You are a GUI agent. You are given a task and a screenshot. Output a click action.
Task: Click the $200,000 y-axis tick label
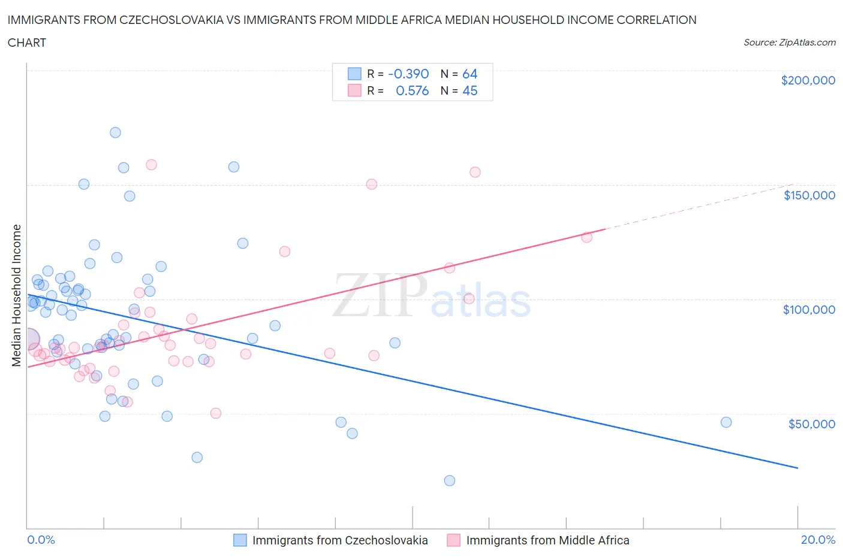pyautogui.click(x=808, y=80)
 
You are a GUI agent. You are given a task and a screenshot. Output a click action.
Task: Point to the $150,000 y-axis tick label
pyautogui.click(x=809, y=195)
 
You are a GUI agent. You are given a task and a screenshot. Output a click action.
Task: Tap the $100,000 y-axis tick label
pyautogui.click(x=809, y=310)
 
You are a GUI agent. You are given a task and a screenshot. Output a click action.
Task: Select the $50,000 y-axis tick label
pyautogui.click(x=811, y=424)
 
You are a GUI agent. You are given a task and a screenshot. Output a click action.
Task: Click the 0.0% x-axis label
pyautogui.click(x=41, y=540)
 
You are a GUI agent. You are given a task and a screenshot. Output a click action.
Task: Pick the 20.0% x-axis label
pyautogui.click(x=818, y=540)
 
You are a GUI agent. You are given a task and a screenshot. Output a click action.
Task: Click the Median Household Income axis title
pyautogui.click(x=17, y=295)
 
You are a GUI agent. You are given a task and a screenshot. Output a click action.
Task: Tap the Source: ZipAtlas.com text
pyautogui.click(x=789, y=43)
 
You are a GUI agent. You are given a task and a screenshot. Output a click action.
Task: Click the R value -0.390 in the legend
pyautogui.click(x=408, y=74)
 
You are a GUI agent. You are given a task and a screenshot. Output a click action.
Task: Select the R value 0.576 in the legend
pyautogui.click(x=412, y=90)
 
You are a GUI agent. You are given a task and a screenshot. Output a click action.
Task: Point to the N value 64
pyautogui.click(x=469, y=74)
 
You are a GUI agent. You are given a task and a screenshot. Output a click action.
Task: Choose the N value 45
pyautogui.click(x=469, y=90)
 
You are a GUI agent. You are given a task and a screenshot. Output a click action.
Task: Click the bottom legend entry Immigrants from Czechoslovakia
pyautogui.click(x=339, y=540)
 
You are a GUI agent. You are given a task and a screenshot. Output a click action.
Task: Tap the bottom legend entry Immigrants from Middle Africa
pyautogui.click(x=547, y=540)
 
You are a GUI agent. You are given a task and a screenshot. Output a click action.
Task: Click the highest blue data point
pyautogui.click(x=115, y=132)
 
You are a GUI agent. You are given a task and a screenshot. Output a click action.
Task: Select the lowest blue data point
pyautogui.click(x=449, y=480)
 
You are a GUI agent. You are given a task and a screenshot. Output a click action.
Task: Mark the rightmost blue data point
pyautogui.click(x=726, y=422)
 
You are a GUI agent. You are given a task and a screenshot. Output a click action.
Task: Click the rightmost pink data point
pyautogui.click(x=586, y=237)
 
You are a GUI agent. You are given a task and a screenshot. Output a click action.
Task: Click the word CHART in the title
pyautogui.click(x=27, y=43)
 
